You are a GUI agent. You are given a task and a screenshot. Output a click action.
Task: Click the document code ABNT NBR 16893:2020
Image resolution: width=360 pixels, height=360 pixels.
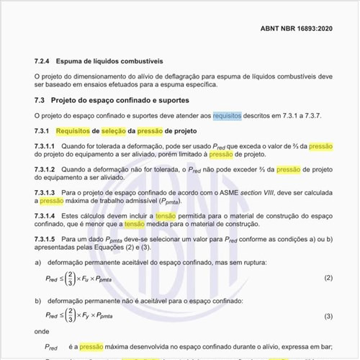click(x=297, y=30)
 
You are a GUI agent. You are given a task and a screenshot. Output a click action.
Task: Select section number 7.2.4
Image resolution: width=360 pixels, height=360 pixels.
click(x=43, y=62)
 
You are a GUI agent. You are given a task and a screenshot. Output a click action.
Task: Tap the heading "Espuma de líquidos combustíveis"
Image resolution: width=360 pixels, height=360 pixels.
click(x=110, y=62)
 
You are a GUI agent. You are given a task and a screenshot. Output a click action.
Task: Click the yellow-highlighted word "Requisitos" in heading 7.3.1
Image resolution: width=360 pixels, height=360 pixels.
click(x=75, y=131)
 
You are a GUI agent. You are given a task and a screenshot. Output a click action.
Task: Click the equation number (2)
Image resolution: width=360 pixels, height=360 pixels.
click(x=328, y=278)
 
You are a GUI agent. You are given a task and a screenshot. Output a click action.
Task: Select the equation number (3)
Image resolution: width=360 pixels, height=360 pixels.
click(x=328, y=316)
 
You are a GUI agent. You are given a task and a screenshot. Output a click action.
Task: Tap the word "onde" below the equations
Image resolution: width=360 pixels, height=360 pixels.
click(x=42, y=331)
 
